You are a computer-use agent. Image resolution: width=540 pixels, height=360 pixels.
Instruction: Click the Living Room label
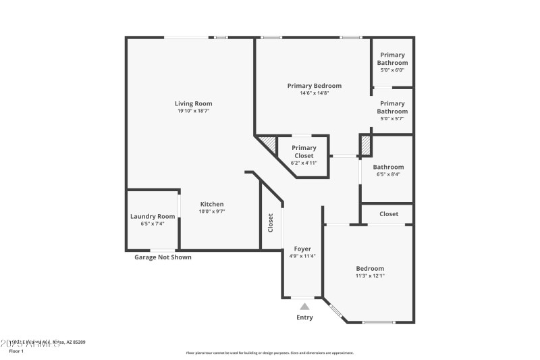tap(193, 103)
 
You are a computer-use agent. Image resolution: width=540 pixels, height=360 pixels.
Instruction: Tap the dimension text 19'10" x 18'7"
tap(193, 111)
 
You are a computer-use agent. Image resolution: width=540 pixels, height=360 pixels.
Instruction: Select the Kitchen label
tap(211, 204)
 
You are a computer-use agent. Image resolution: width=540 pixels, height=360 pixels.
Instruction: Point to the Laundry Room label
tap(153, 216)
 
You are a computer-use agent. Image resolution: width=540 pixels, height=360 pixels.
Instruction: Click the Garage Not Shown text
tap(163, 257)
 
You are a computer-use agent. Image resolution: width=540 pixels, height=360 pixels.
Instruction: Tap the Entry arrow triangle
tap(304, 307)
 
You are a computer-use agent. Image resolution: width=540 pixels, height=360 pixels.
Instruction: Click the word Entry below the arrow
tap(304, 317)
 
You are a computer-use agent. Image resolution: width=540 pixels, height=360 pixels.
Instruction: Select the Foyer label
tap(302, 249)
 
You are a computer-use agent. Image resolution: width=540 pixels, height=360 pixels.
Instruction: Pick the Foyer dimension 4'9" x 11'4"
tap(302, 256)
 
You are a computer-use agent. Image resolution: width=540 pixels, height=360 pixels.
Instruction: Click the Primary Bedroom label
tap(314, 86)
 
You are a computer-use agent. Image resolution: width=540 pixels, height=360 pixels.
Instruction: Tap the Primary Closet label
tap(304, 152)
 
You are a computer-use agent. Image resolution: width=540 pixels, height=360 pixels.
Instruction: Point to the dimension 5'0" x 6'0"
tap(392, 70)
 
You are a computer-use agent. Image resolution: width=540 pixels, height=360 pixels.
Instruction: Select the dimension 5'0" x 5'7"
tap(392, 118)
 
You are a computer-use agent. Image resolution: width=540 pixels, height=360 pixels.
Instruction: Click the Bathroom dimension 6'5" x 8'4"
tap(388, 174)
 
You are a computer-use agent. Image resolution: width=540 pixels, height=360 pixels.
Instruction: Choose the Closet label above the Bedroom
tap(388, 214)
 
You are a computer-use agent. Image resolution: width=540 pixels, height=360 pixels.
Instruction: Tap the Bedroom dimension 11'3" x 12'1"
tap(370, 276)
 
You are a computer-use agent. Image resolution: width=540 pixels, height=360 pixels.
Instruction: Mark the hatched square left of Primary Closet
tap(269, 144)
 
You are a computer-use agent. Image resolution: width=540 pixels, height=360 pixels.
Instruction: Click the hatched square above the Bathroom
tap(366, 145)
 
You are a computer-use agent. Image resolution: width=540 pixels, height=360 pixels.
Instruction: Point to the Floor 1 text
tap(16, 351)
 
